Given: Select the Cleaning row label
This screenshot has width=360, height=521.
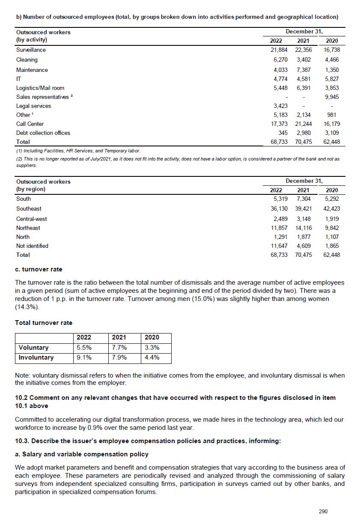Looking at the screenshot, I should point(27,60).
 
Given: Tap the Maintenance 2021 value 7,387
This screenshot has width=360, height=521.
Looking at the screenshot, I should point(303,70).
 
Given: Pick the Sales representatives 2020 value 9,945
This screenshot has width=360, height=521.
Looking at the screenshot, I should point(332,97).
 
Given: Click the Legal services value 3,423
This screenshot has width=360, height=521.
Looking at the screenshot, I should point(280,106).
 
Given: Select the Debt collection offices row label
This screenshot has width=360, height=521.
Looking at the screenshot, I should point(43,133).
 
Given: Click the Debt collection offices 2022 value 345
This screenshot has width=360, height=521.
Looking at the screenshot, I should point(283,133).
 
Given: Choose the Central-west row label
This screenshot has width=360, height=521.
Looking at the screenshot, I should point(31,219).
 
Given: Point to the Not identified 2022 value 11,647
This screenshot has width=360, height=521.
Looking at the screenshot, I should point(279,246).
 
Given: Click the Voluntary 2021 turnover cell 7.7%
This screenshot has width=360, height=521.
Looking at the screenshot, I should point(119,348).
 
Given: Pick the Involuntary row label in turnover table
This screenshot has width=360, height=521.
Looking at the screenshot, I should point(36,357).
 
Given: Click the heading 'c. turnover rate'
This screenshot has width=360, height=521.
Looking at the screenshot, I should point(39,270).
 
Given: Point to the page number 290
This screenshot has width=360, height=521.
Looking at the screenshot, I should point(323,511).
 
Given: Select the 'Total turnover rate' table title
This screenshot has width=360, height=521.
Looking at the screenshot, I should point(44,323).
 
